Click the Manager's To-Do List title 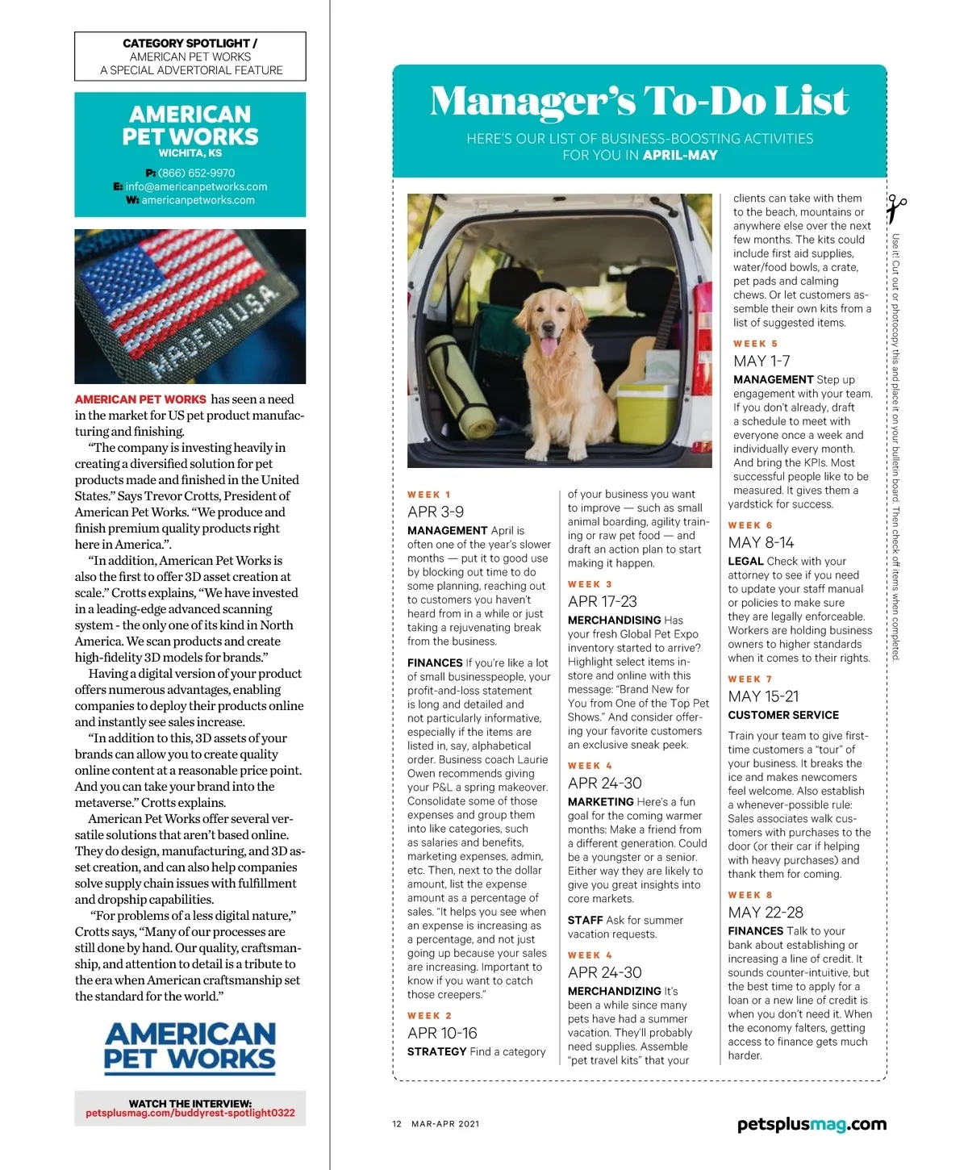(x=639, y=101)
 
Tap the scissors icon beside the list (x=895, y=210)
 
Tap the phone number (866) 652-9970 (x=196, y=173)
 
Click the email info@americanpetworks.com (x=196, y=186)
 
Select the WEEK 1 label (x=429, y=495)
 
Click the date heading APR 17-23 (x=602, y=601)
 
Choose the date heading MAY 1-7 (x=761, y=361)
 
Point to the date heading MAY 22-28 (x=766, y=913)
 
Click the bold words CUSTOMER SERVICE (x=783, y=715)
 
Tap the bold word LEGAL (x=745, y=561)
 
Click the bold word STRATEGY (x=436, y=1051)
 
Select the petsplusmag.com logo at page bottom (x=812, y=1124)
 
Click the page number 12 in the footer (x=397, y=1124)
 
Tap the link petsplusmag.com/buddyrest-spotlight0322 (x=190, y=1113)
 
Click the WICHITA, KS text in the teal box (x=190, y=153)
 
